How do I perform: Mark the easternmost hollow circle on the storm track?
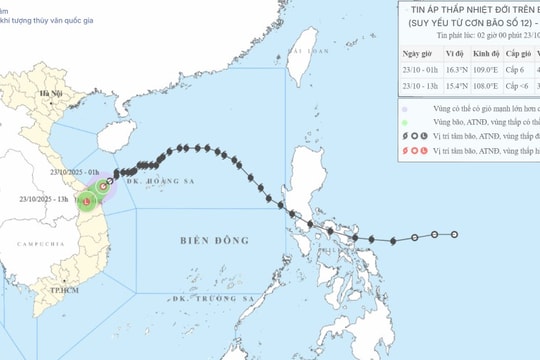(455, 234)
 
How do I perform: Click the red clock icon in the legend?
(409, 149)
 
